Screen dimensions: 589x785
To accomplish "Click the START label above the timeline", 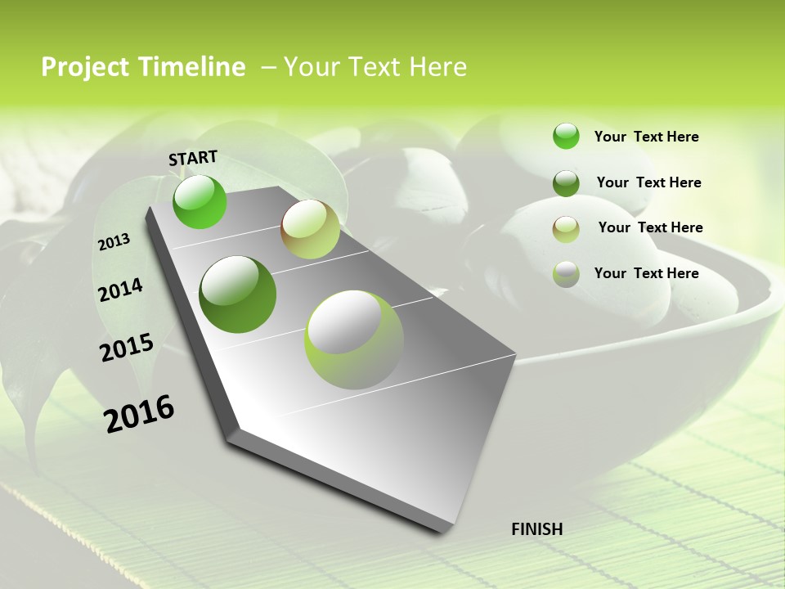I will coord(193,157).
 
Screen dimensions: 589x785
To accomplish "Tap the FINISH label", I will coord(536,529).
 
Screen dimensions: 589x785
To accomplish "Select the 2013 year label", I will coord(114,242).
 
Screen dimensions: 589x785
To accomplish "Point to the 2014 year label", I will coord(120,290).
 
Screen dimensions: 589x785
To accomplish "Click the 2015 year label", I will coord(127,347).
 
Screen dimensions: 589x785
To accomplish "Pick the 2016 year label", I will coord(139,413).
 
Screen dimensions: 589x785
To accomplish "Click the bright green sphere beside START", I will coord(200,201).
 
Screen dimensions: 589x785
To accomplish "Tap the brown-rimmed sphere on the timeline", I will coord(310,229).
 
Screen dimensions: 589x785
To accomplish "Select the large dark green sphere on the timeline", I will coord(238,294).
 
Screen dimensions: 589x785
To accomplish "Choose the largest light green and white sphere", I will coord(354,339).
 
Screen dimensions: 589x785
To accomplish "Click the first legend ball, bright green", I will coord(566,136).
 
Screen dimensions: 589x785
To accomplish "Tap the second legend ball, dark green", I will coord(566,182).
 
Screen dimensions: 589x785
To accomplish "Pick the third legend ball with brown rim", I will coord(566,228).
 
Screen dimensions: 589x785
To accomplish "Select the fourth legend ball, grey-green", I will coord(566,274).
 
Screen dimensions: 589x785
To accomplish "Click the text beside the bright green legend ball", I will coord(646,137).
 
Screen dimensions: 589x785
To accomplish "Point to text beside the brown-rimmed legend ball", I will coord(650,227).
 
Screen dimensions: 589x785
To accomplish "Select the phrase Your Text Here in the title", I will coord(375,67).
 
